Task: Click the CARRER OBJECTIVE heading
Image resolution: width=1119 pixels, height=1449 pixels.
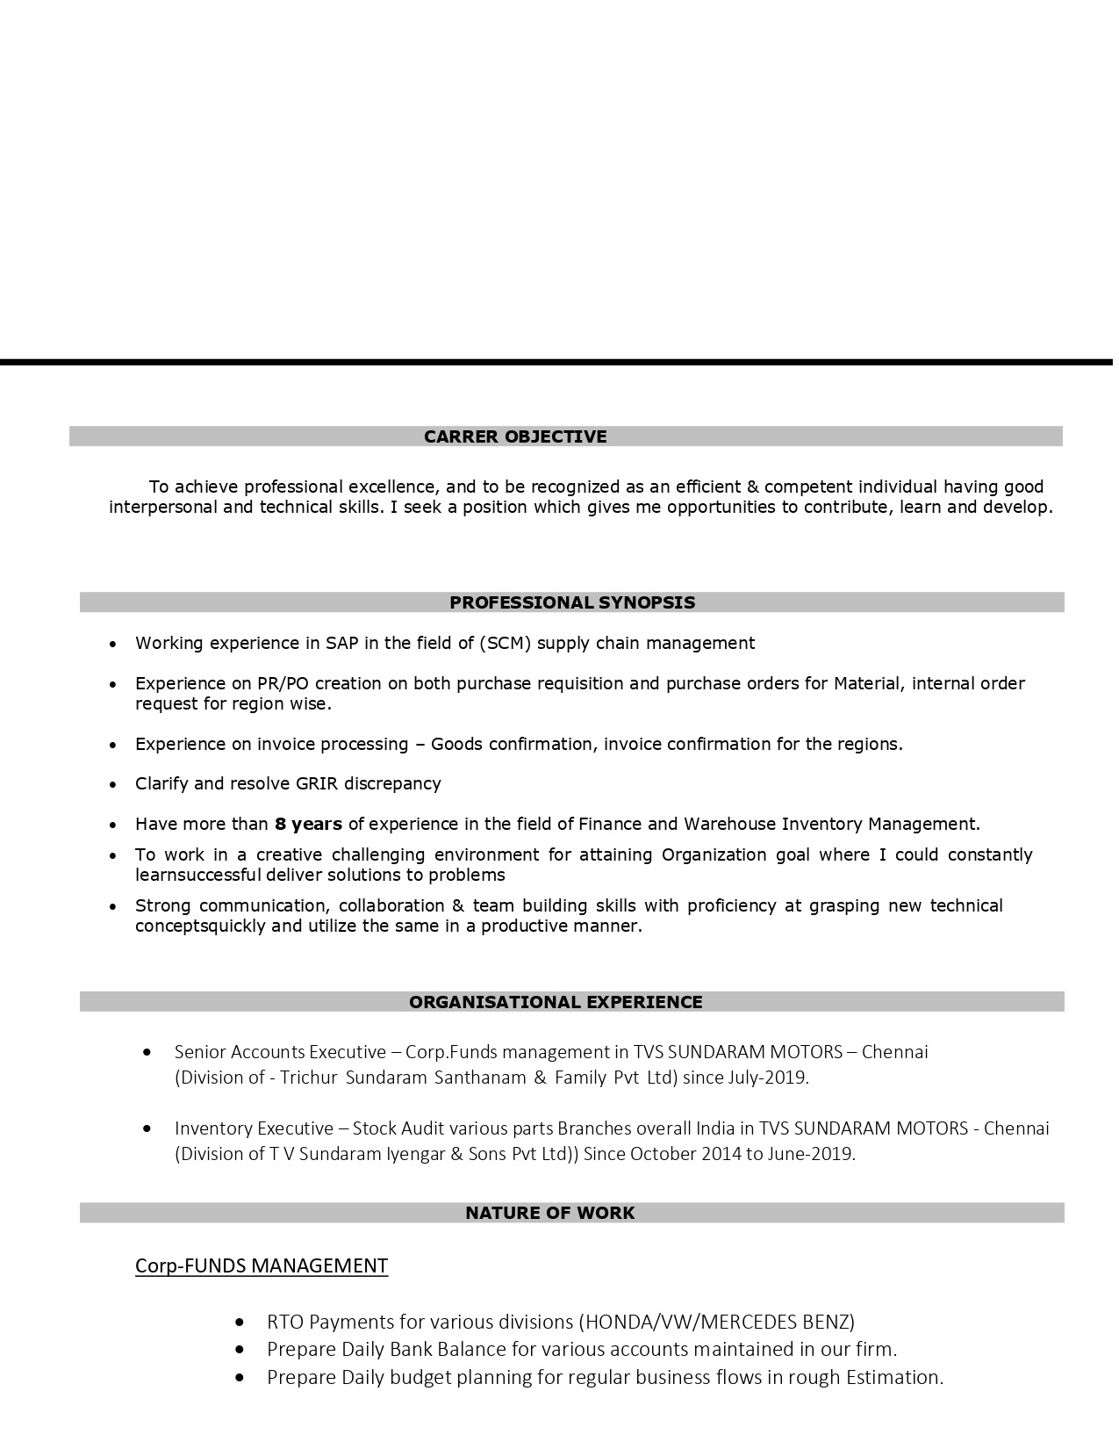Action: click(515, 436)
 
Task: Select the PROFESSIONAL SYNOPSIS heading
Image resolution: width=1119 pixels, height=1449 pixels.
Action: click(571, 602)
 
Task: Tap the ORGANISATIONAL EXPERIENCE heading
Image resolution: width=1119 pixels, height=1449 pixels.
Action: click(556, 1002)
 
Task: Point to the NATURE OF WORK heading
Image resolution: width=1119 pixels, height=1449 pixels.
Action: click(549, 1213)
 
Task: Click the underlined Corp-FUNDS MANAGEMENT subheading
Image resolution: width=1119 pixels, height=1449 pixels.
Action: click(262, 1265)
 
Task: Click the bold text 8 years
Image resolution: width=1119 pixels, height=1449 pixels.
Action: click(308, 824)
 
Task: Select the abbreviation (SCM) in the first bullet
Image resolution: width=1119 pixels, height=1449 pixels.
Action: click(506, 643)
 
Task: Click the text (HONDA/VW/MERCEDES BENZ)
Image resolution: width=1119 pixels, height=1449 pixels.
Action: click(716, 1322)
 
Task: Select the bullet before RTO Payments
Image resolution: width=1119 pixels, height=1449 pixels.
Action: click(240, 1322)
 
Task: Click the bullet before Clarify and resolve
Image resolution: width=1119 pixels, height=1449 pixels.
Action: click(112, 784)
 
